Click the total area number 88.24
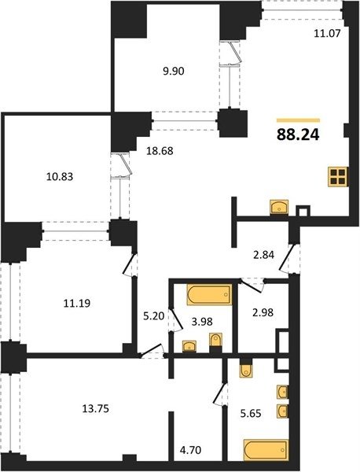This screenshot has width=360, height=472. click(x=298, y=135)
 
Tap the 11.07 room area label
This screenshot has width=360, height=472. click(x=327, y=33)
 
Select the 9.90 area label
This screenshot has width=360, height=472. click(x=173, y=72)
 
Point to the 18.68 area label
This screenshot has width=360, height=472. click(x=160, y=150)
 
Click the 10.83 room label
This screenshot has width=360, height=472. click(x=60, y=176)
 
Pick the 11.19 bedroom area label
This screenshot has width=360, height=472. click(x=77, y=303)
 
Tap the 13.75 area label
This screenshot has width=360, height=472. click(x=95, y=409)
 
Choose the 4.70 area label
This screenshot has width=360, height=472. click(x=190, y=450)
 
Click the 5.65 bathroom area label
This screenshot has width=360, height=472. click(x=250, y=413)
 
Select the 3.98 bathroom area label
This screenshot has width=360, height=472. click(x=202, y=322)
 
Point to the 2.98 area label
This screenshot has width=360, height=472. click(x=263, y=312)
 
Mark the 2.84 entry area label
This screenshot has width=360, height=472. click(x=263, y=255)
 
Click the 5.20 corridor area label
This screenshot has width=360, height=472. click(x=153, y=316)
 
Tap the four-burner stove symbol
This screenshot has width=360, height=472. click(x=338, y=176)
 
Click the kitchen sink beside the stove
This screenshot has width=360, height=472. click(x=279, y=207)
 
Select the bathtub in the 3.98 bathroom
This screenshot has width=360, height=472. click(x=209, y=294)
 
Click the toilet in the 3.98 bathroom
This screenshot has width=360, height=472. click(x=215, y=340)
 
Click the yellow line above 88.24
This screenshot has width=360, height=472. click(x=298, y=120)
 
